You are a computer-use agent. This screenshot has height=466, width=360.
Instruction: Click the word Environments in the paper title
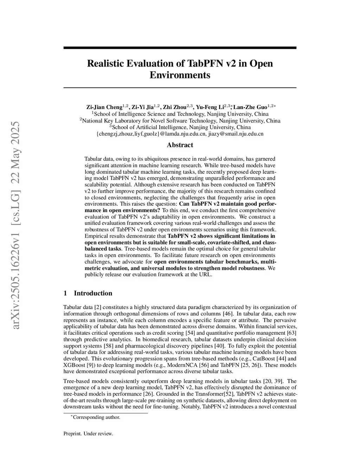coord(180,75)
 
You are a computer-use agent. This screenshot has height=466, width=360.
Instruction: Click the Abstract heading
coord(180,145)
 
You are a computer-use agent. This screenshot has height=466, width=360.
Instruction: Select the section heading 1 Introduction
coord(88,293)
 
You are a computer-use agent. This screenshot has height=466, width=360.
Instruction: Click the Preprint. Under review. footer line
coord(88,434)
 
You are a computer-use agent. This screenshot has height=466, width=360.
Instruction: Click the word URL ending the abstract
coord(206,275)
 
